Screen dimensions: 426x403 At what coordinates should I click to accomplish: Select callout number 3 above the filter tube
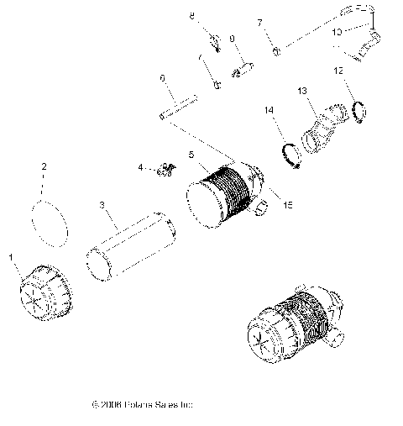click(102, 204)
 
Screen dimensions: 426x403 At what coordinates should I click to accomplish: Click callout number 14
click(270, 109)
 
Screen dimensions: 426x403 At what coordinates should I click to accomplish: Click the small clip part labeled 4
click(165, 171)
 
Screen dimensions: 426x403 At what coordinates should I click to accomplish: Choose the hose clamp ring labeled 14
click(290, 155)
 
